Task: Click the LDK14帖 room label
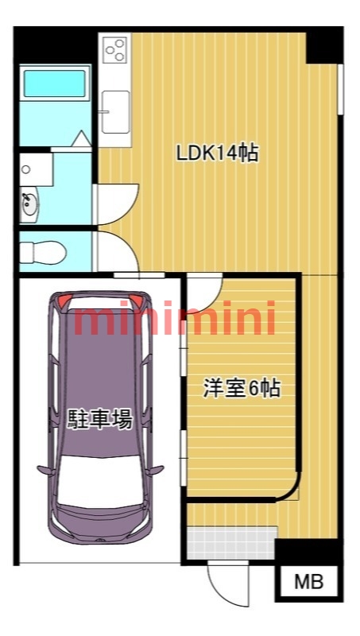217,153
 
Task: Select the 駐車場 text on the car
99,419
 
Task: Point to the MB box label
309,582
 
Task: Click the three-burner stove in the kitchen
115,50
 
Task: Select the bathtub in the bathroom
54,83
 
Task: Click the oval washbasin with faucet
29,206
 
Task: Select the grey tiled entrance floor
231,543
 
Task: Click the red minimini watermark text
175,319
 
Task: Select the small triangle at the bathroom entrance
82,138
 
